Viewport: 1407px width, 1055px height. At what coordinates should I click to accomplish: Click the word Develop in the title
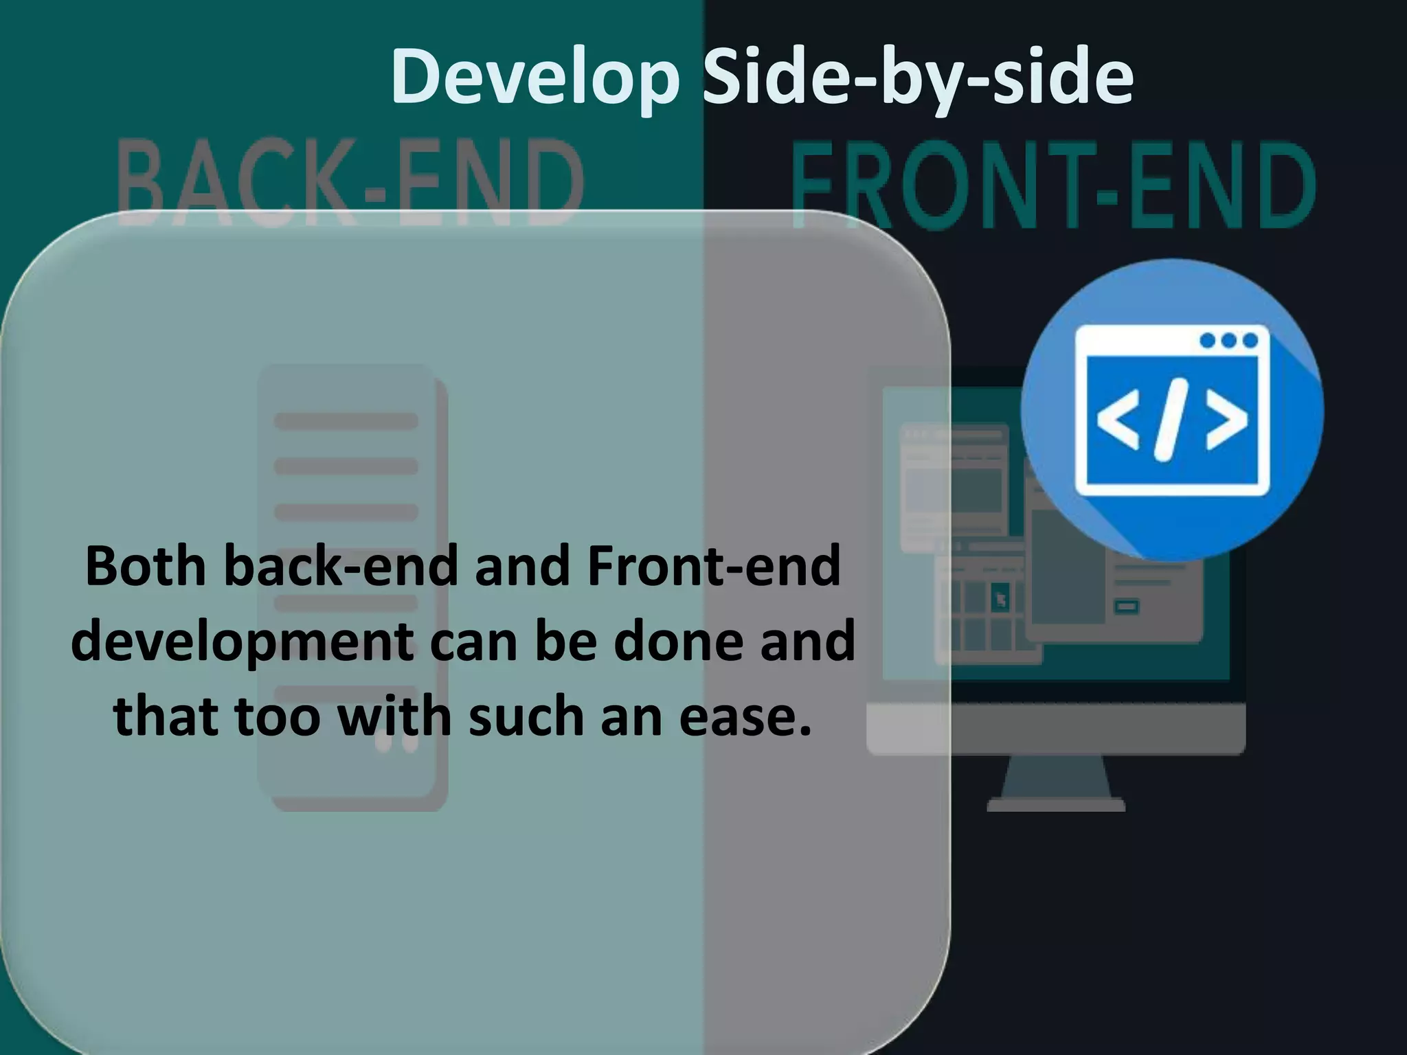coord(535,78)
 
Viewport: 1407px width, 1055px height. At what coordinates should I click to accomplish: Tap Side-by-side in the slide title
coord(918,78)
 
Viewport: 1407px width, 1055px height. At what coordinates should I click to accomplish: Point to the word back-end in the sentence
coord(341,567)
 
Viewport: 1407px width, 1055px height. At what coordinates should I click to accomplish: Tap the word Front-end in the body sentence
coord(714,567)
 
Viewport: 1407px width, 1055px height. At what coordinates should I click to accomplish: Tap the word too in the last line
coord(277,716)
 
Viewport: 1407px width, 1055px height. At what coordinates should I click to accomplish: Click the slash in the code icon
coord(1171,420)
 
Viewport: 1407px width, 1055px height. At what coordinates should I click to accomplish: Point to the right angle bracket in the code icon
coord(1226,420)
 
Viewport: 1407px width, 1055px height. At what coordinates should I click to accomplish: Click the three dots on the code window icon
coord(1228,341)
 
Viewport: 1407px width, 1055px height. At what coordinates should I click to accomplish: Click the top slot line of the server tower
coord(346,421)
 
